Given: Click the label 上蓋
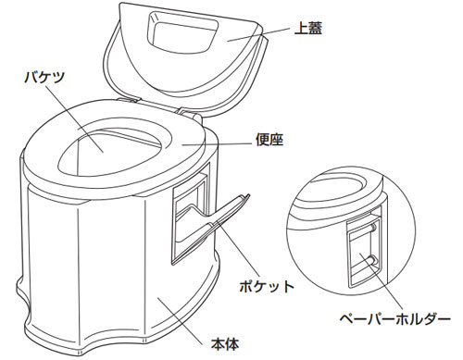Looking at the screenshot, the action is click(x=308, y=29).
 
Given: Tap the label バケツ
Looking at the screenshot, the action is click(x=45, y=77).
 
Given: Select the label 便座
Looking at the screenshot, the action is click(x=269, y=140).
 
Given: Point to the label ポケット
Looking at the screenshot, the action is click(x=267, y=286).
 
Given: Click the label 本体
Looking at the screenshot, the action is click(x=225, y=343).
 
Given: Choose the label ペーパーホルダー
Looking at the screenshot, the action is click(x=395, y=318).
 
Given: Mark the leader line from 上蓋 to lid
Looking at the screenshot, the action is click(x=258, y=34).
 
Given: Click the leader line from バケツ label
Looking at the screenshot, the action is click(x=74, y=118).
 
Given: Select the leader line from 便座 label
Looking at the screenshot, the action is click(x=217, y=144).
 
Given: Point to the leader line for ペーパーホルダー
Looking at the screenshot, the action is click(x=382, y=281).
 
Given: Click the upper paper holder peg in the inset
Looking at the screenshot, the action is click(x=372, y=228).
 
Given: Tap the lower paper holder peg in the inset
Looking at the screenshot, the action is click(x=372, y=259).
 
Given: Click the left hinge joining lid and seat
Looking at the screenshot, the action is click(x=130, y=100).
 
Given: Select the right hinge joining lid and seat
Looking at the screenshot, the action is click(x=189, y=113).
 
